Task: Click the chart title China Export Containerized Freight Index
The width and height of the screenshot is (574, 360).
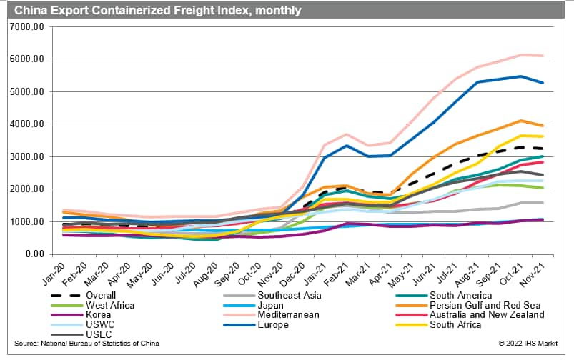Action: (153, 10)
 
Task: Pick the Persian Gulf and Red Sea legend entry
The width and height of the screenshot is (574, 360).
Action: (483, 305)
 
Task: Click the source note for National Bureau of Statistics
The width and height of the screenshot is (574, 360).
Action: (86, 344)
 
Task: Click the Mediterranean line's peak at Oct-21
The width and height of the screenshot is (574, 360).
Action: (523, 55)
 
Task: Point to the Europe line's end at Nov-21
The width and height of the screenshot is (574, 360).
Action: (543, 83)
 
